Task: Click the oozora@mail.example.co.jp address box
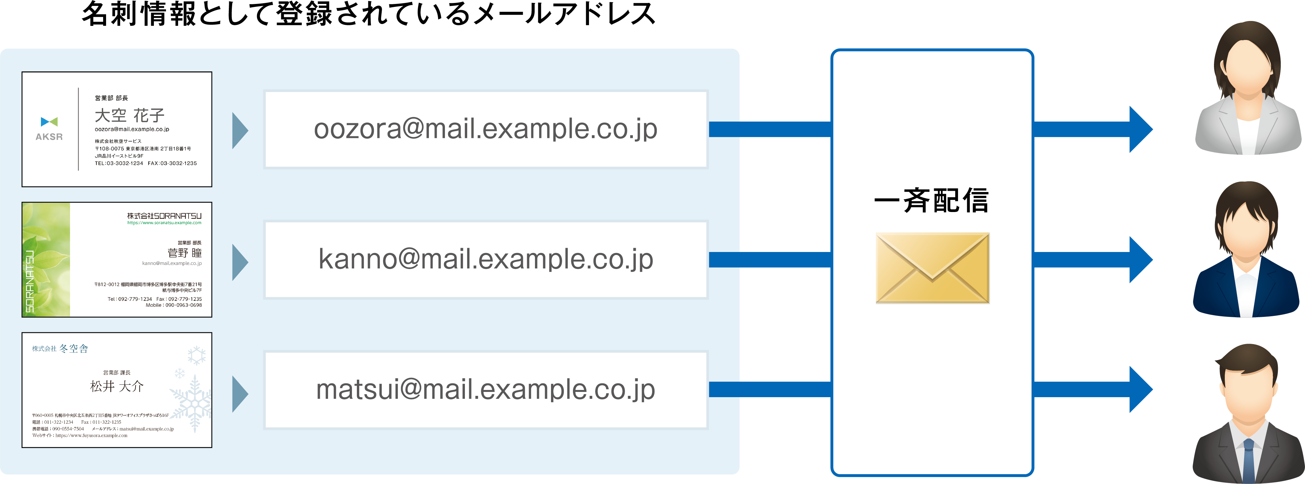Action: [485, 129]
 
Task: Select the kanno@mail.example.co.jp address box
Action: [485, 260]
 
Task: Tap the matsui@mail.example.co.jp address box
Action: [485, 390]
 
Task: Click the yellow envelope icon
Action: [932, 268]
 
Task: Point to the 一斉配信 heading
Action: [931, 201]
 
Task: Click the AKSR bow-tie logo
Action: [49, 122]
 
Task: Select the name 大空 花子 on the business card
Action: [130, 116]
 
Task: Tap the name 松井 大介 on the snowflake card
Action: [117, 386]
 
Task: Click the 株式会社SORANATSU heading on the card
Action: [164, 216]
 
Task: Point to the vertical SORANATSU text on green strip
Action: [30, 281]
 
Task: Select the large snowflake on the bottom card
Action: [192, 402]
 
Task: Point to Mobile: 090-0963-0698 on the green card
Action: [174, 305]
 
